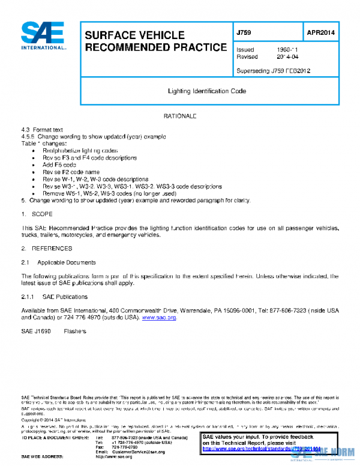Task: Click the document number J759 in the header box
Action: click(x=244, y=32)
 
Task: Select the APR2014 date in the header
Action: click(x=320, y=32)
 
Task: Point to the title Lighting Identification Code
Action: click(x=207, y=91)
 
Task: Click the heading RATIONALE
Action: click(x=180, y=115)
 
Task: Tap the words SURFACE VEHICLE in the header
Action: click(x=134, y=35)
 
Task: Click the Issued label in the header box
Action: click(x=245, y=50)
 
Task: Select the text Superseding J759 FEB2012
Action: click(x=273, y=70)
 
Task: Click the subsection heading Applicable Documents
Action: click(x=66, y=262)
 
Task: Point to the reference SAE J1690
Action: click(x=36, y=331)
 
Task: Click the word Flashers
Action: click(x=75, y=331)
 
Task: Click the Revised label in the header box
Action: click(x=247, y=57)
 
